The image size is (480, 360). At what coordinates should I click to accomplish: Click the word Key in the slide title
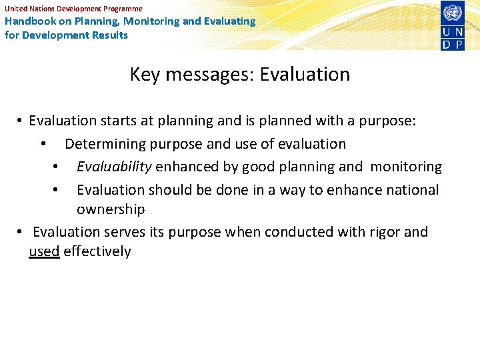(145, 75)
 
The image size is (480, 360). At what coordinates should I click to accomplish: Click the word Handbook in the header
(27, 21)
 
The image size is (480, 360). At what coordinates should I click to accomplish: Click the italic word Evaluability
(114, 167)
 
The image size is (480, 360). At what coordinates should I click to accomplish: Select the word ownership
(111, 209)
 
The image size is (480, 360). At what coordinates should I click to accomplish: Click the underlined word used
(44, 251)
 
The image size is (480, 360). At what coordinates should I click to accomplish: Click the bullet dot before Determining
(43, 145)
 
